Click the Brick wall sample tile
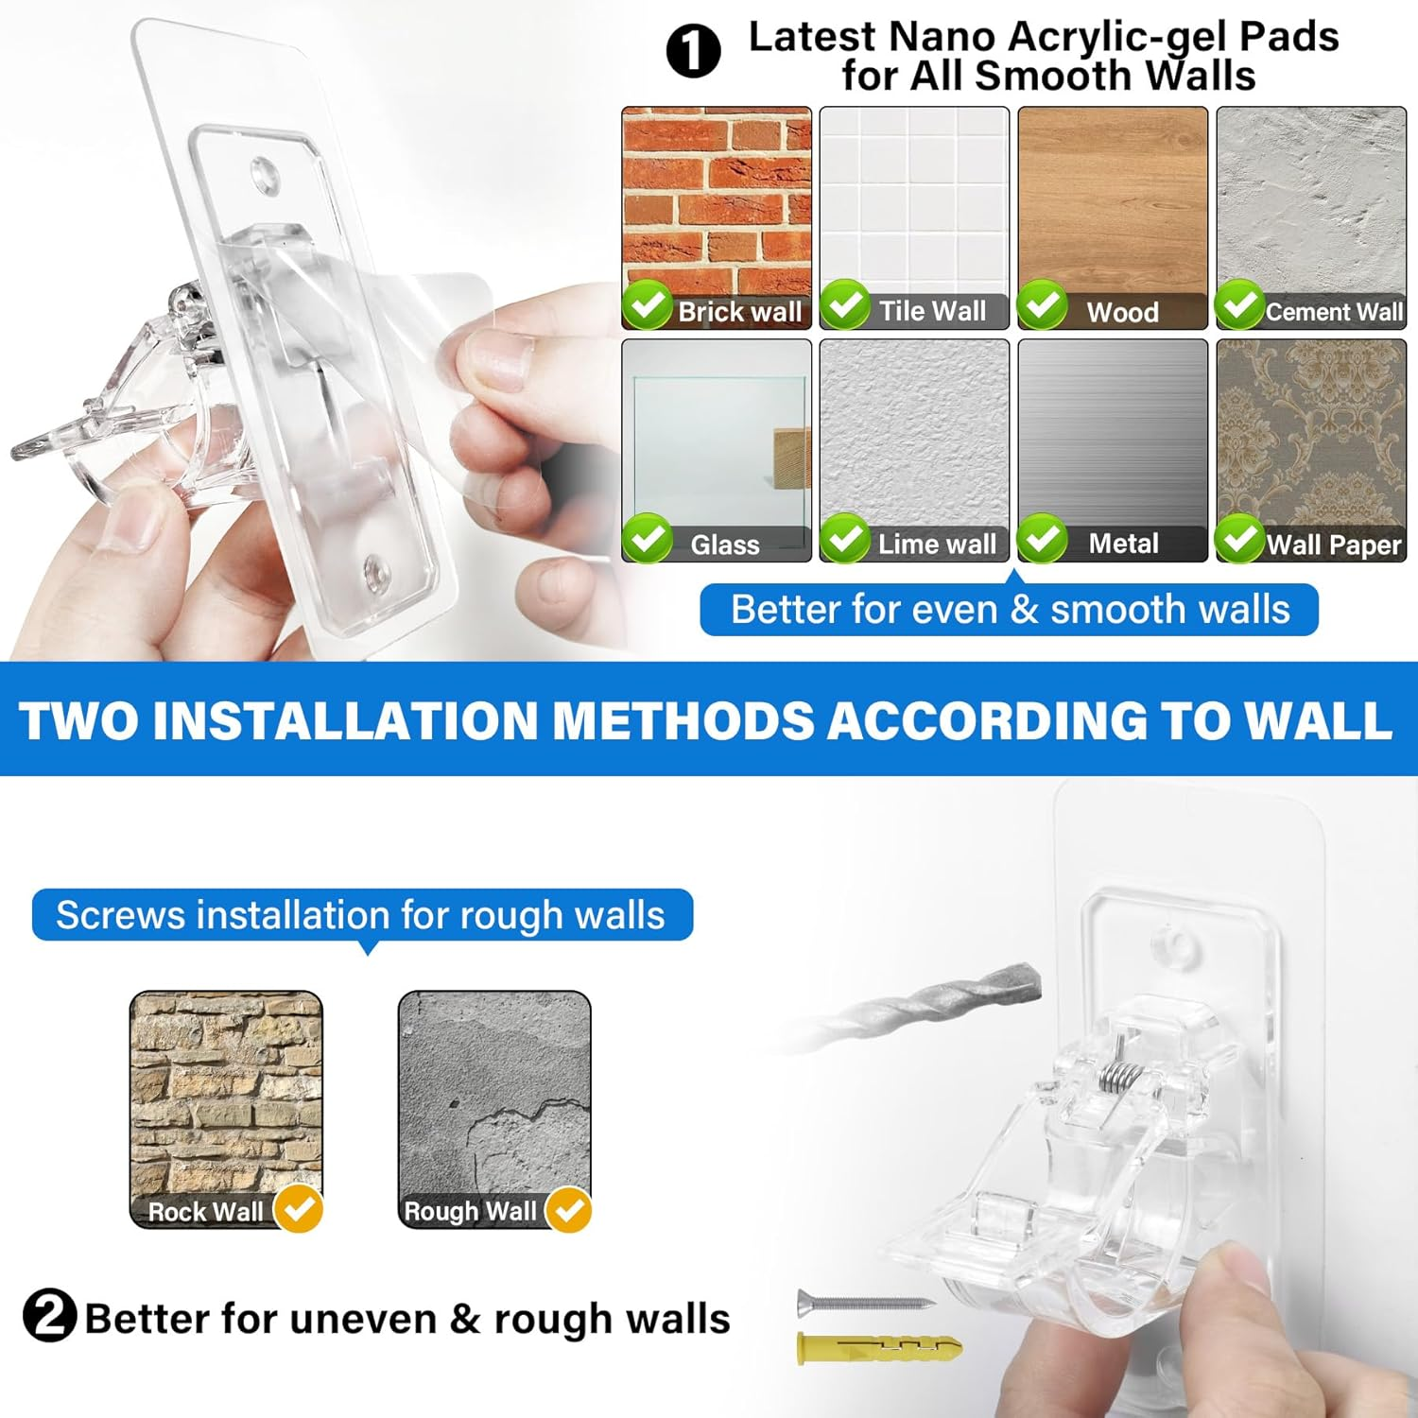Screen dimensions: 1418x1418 click(x=717, y=203)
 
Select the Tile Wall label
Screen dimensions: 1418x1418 click(x=932, y=311)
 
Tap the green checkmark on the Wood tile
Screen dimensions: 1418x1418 click(x=1043, y=304)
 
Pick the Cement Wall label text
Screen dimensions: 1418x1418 click(x=1334, y=312)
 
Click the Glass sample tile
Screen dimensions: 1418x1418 click(x=717, y=435)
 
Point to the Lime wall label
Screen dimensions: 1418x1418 click(x=936, y=544)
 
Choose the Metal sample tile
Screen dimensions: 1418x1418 click(x=1113, y=435)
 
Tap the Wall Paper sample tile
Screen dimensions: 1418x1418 click(x=1311, y=435)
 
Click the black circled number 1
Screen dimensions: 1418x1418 click(x=693, y=51)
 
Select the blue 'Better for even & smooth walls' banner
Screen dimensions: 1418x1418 click(x=1009, y=610)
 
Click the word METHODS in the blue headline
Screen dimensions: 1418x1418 click(x=683, y=720)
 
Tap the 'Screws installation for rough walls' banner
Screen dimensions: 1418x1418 click(x=362, y=915)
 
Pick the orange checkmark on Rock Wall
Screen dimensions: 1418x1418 click(x=299, y=1208)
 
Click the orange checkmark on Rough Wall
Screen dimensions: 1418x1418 click(x=569, y=1209)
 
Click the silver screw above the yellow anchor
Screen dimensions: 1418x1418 click(x=865, y=1303)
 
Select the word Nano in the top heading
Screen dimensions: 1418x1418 click(x=942, y=38)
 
